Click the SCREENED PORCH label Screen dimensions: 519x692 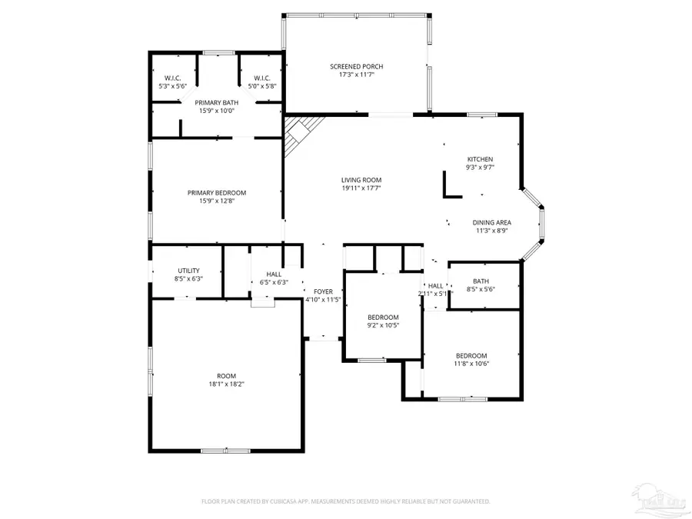356,67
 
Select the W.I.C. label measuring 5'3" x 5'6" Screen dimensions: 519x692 172,86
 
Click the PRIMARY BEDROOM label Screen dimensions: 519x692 217,193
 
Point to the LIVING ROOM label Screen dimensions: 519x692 361,181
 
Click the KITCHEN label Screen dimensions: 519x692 480,159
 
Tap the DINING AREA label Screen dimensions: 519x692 491,223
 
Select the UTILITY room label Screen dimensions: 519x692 189,271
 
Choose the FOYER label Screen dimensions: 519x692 323,292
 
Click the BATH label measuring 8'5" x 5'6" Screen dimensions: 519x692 481,281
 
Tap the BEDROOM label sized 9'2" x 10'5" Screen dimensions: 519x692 383,318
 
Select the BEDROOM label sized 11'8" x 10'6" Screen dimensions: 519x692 471,355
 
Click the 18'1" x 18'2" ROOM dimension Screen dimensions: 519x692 226,384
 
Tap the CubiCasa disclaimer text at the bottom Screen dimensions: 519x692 345,501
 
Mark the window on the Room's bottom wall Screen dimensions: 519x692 225,450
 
